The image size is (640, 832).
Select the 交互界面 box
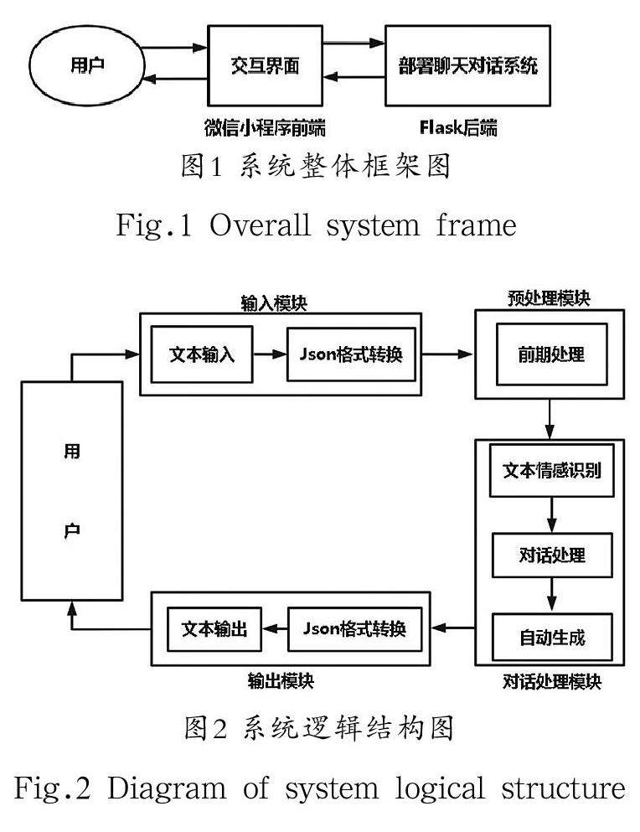[265, 65]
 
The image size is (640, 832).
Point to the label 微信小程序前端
[265, 128]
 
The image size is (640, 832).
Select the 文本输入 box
[201, 354]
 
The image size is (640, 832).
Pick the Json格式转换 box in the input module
[351, 354]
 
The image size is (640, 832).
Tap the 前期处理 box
[550, 354]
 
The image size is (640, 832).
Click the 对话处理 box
[550, 555]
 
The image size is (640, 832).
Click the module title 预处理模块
[549, 299]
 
